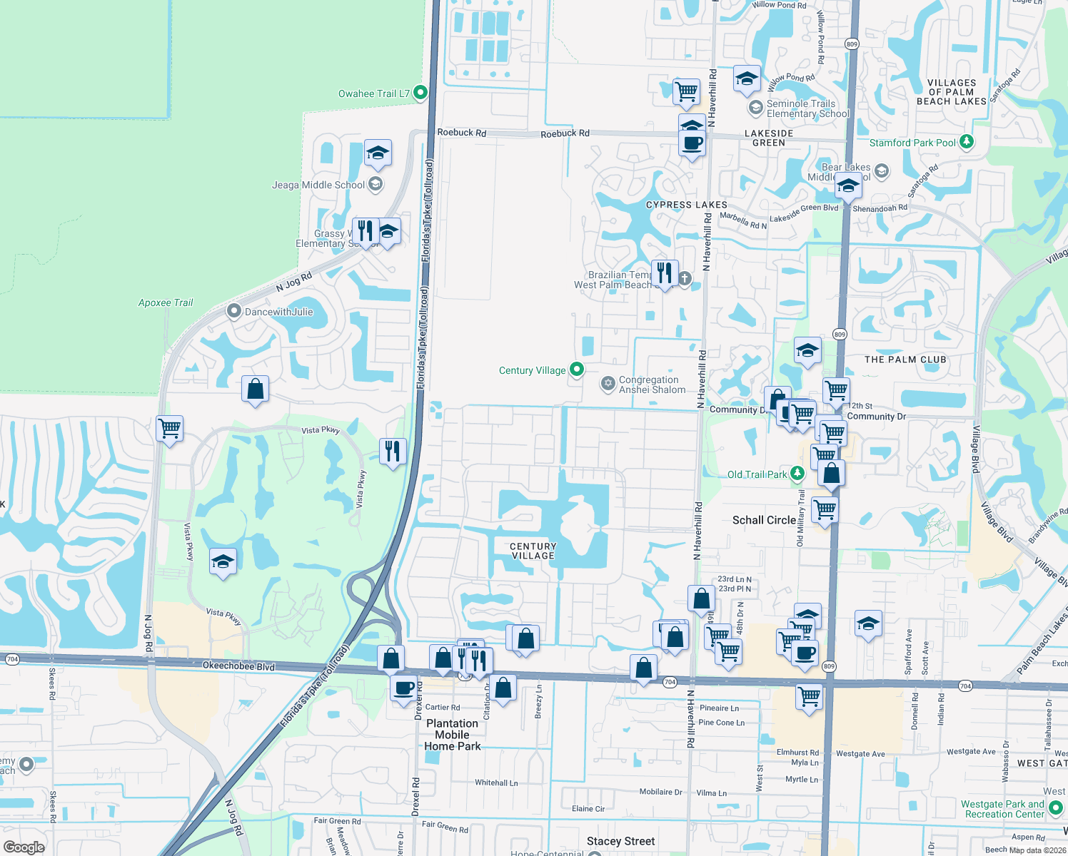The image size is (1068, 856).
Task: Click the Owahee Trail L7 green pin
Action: (420, 92)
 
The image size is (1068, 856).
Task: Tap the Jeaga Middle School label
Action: (318, 185)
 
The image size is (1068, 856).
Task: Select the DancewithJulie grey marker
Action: (233, 311)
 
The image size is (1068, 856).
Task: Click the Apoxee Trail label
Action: (166, 302)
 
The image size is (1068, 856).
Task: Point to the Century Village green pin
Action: (577, 370)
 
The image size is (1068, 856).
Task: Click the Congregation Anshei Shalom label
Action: (652, 384)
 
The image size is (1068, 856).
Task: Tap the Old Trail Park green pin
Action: (798, 473)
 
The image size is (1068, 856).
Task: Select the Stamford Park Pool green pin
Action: (967, 141)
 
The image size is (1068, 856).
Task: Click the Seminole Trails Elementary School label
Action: (807, 108)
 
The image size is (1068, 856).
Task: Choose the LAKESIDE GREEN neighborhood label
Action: (769, 138)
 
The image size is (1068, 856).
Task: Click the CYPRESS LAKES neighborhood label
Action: (687, 205)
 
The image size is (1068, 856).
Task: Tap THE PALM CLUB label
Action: (905, 360)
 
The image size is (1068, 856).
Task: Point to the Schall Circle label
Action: (764, 520)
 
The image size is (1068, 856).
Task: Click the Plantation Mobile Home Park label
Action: (453, 735)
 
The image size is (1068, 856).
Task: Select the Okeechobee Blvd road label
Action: (238, 666)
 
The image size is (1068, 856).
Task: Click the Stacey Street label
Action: (620, 841)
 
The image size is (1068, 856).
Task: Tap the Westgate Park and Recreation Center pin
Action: (1056, 808)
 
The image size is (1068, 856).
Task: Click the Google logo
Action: (24, 847)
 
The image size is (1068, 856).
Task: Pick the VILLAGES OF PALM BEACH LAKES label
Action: (952, 92)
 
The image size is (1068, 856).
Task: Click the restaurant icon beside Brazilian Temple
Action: (665, 273)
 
